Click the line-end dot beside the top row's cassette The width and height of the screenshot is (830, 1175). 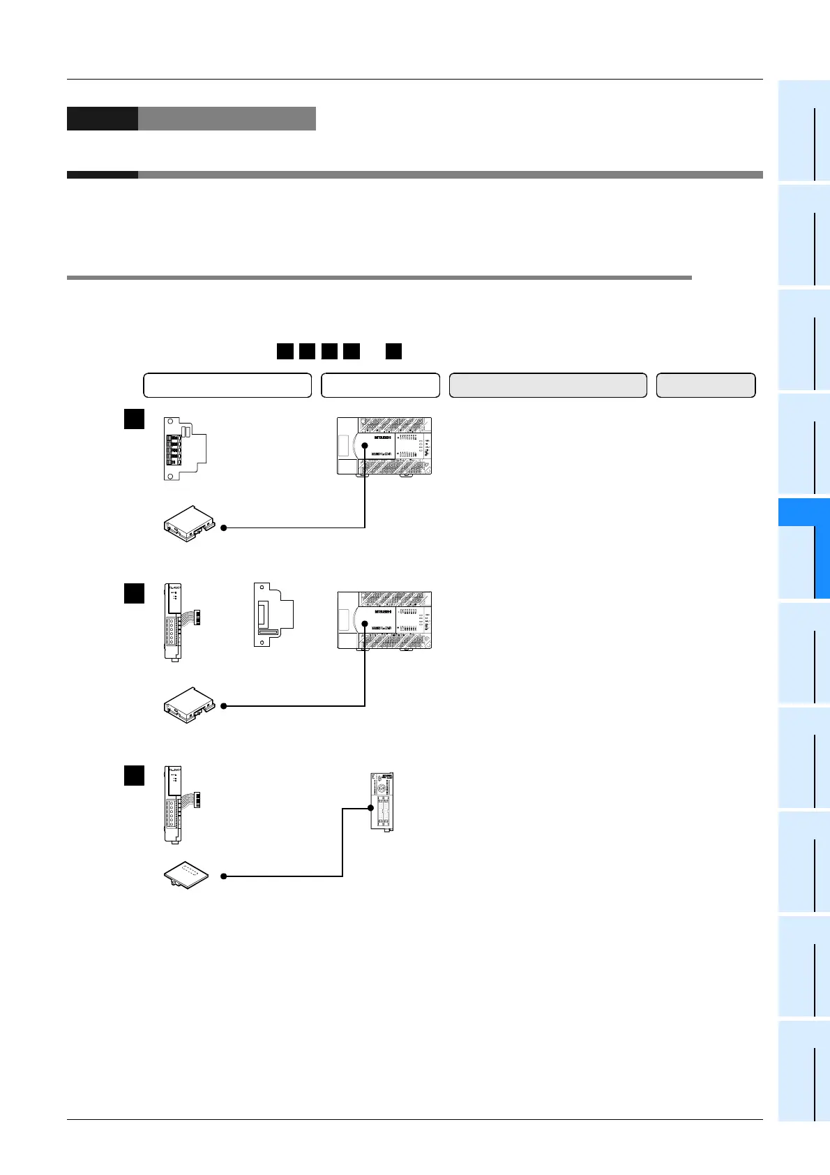point(224,528)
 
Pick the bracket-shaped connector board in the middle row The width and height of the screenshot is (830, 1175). point(273,614)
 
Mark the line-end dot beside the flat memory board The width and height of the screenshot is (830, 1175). point(224,876)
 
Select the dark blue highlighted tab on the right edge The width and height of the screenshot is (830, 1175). point(803,548)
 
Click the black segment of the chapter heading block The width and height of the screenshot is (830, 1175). point(102,119)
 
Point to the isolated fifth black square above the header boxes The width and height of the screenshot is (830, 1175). point(393,351)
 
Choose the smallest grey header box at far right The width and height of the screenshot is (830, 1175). point(706,385)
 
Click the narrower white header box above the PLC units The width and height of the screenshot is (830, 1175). point(380,385)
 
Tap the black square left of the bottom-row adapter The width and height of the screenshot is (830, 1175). point(134,775)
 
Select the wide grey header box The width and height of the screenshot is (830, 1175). point(548,385)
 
